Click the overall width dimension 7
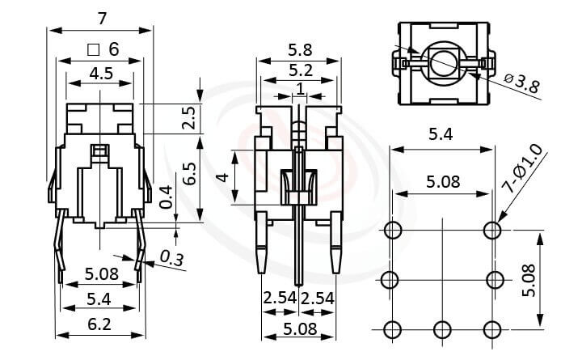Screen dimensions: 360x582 pos(100,17)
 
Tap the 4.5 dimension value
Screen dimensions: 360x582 pos(101,74)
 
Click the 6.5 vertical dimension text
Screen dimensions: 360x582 pos(188,174)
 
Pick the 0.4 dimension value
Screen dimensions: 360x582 pos(166,196)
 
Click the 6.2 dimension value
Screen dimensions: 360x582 pos(100,324)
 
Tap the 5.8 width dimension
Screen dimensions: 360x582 pos(299,49)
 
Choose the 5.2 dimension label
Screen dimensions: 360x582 pos(299,72)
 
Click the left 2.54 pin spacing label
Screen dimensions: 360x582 pos(279,299)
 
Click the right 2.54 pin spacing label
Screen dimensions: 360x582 pos(318,299)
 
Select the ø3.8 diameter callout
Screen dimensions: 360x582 pos(521,83)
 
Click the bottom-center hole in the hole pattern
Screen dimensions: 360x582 pos(442,329)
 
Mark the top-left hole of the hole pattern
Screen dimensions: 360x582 pos(393,231)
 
